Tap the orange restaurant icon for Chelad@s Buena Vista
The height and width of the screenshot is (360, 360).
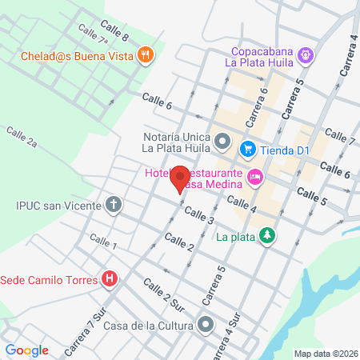point(145,55)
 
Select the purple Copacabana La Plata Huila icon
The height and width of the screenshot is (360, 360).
point(305,55)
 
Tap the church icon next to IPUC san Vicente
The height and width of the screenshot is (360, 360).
point(114,204)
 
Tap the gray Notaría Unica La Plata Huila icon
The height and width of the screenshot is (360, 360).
point(222,142)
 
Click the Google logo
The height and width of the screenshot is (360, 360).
point(26,350)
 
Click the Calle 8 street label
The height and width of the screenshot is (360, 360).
point(115,33)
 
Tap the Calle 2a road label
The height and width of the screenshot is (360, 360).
point(22,137)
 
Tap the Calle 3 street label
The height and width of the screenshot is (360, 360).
point(199,215)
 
